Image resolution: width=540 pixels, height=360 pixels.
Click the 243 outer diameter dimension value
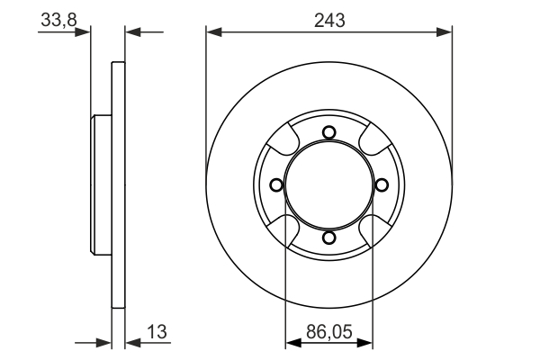[328, 19]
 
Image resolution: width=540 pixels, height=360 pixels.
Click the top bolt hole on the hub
[328, 133]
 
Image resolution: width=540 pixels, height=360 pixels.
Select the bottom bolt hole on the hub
[328, 238]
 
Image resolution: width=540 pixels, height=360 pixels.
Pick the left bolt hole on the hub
[276, 185]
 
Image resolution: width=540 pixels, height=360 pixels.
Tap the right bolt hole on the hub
[381, 185]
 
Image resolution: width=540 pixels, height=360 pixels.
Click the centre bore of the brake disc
[328, 185]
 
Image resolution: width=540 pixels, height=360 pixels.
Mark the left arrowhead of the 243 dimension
[212, 32]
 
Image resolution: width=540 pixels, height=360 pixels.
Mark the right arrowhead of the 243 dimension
[445, 32]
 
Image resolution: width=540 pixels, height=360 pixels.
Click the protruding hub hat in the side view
[100, 185]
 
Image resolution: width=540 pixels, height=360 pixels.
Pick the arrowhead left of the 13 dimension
[105, 342]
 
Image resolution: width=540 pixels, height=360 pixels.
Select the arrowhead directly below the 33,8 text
[86, 32]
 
